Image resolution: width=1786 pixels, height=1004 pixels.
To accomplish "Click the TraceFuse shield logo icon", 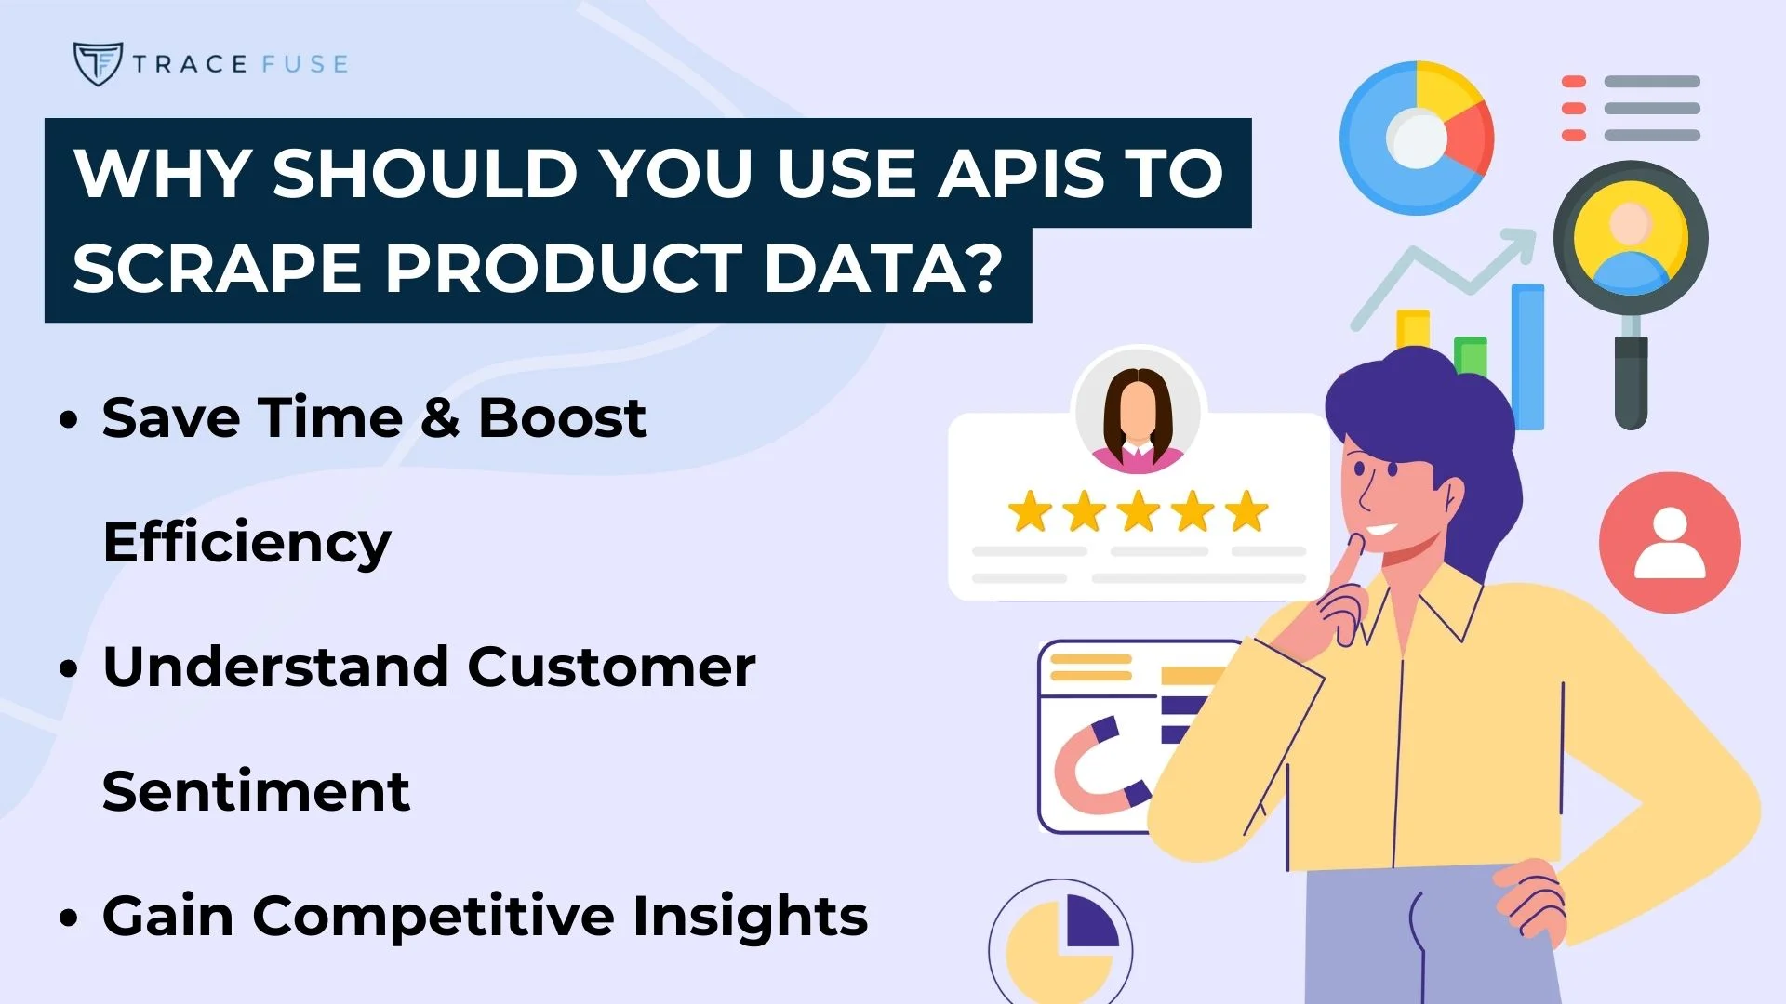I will click(x=97, y=63).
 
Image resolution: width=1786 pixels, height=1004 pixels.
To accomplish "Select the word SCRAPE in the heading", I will click(x=217, y=269).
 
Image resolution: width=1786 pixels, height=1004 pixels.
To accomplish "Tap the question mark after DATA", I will click(x=980, y=267).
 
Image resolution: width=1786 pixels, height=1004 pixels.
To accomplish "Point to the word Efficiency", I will click(x=247, y=543).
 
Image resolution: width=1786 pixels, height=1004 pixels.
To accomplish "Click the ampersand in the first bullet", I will click(x=440, y=418).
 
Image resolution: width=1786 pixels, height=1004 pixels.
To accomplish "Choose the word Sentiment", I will click(x=256, y=792).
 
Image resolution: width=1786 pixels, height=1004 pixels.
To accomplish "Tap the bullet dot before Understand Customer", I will click(x=68, y=667).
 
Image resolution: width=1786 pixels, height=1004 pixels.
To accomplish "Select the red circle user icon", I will click(x=1670, y=543).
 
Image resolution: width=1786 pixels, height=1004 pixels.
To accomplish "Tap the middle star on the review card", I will click(x=1139, y=512).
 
